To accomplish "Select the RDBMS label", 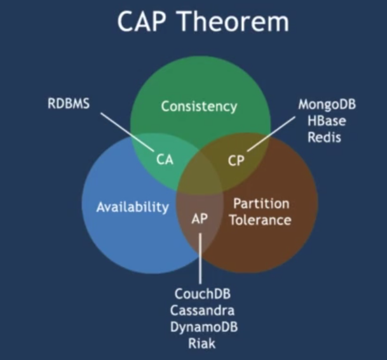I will [x=69, y=103].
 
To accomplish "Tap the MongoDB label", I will [x=327, y=104].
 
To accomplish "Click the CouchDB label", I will [x=202, y=295].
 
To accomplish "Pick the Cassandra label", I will [x=202, y=310].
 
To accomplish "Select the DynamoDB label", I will [x=202, y=327].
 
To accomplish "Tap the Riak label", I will [x=202, y=343].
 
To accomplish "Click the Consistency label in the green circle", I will [x=198, y=106].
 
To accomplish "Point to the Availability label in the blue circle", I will [x=132, y=207].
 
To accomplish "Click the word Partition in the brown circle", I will [x=261, y=204].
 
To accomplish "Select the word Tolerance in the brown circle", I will [x=261, y=220].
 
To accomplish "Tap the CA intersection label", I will [x=165, y=160].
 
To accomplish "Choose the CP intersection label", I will [x=236, y=160].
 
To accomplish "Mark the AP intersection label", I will [x=200, y=219].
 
